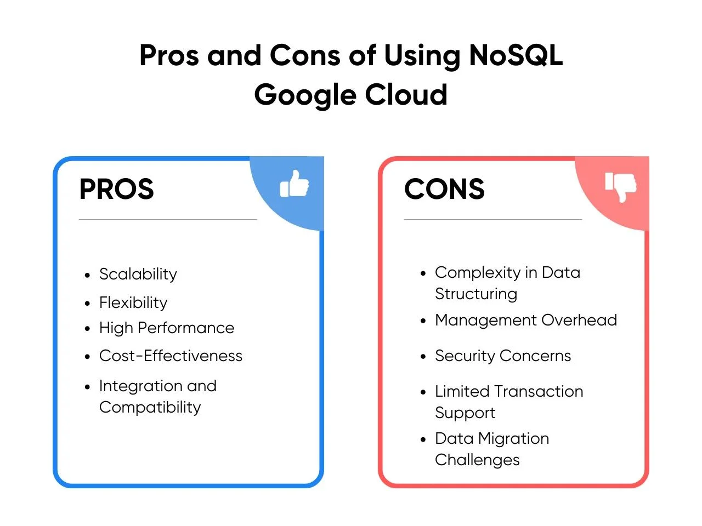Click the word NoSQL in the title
click(515, 55)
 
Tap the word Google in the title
click(305, 95)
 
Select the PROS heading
click(117, 188)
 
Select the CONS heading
click(444, 188)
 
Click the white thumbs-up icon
click(294, 184)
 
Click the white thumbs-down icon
click(620, 187)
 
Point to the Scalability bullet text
click(138, 275)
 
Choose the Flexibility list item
click(133, 303)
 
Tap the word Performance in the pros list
click(186, 328)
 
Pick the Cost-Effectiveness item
click(171, 356)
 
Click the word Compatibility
click(150, 408)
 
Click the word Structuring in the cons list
click(476, 294)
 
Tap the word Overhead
click(579, 320)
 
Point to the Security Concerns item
click(503, 356)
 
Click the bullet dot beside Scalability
click(87, 275)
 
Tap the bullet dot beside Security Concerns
click(423, 357)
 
